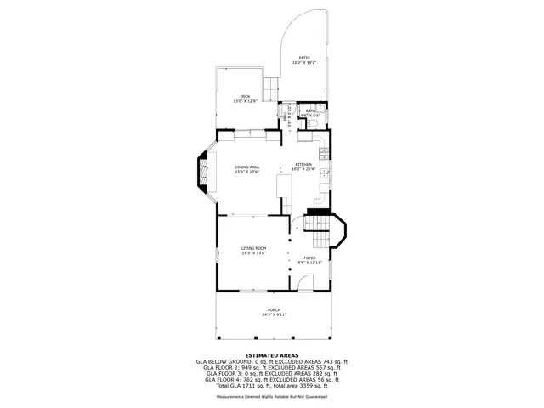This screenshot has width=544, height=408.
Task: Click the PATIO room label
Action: pos(303,58)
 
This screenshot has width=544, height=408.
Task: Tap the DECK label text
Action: pos(245,96)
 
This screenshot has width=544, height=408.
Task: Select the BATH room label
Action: pos(311,111)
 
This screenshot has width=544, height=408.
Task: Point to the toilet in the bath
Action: pos(312,125)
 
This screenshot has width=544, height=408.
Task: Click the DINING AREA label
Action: pos(246,167)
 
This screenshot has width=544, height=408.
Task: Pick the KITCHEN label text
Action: pos(303,164)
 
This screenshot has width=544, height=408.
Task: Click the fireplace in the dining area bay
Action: pos(202,173)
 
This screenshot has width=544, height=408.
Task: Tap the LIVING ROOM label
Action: pos(253,248)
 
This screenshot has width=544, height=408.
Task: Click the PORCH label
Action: pos(274,309)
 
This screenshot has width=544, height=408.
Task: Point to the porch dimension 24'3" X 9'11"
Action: pos(274,314)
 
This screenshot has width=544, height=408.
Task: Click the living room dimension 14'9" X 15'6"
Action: pos(253,253)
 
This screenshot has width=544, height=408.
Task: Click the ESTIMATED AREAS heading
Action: pos(272,354)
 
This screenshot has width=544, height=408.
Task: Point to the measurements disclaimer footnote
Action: pos(272,395)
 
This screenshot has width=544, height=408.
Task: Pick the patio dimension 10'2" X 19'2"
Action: pos(303,63)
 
